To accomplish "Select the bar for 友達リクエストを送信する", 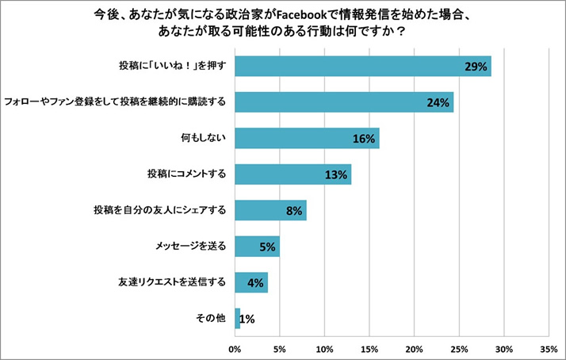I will (x=250, y=282).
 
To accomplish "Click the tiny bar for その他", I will (x=237, y=318).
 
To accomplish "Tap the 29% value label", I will (x=476, y=67).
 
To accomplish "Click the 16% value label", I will (x=363, y=139).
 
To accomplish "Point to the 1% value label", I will (x=247, y=319).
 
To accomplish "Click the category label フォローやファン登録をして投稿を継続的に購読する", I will (x=116, y=102).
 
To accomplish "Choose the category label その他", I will (x=211, y=318).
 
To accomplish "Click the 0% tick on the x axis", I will (x=235, y=348).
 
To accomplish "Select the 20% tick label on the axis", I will (x=414, y=348).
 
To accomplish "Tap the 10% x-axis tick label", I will (x=324, y=348).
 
